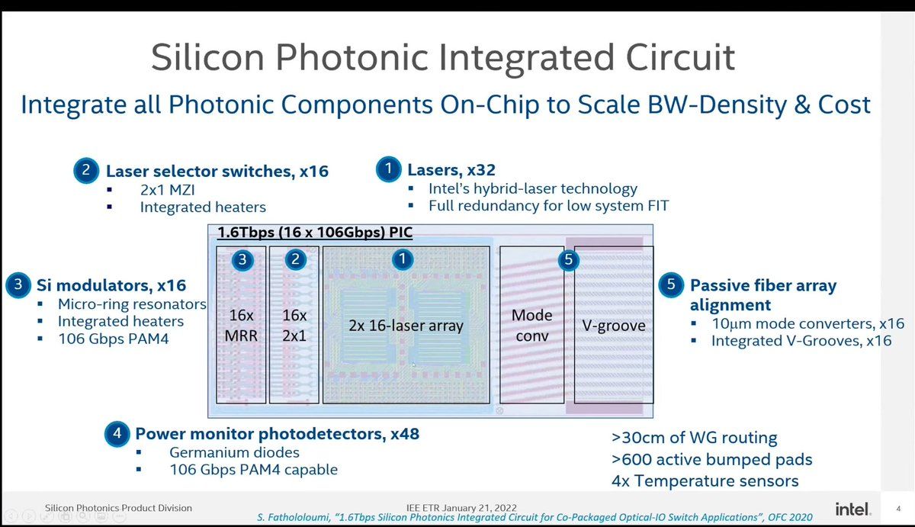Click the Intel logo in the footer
(x=853, y=509)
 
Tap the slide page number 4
(x=898, y=509)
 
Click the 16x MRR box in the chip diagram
(x=241, y=325)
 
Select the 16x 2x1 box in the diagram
(x=294, y=325)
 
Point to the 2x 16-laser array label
(x=406, y=326)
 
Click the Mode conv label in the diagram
(x=532, y=325)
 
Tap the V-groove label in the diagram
(x=614, y=326)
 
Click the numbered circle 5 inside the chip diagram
(x=568, y=259)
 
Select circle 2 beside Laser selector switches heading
(x=86, y=170)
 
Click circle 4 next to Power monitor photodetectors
(x=117, y=433)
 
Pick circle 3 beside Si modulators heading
(x=18, y=284)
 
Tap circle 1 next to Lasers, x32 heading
(x=388, y=169)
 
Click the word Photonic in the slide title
(x=352, y=57)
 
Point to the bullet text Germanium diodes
(x=235, y=452)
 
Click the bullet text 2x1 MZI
(x=168, y=190)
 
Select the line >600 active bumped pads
(x=712, y=460)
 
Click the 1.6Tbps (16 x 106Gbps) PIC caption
(x=315, y=232)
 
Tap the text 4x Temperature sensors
(x=705, y=480)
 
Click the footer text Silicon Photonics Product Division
(x=118, y=508)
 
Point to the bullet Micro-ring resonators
(x=132, y=304)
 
